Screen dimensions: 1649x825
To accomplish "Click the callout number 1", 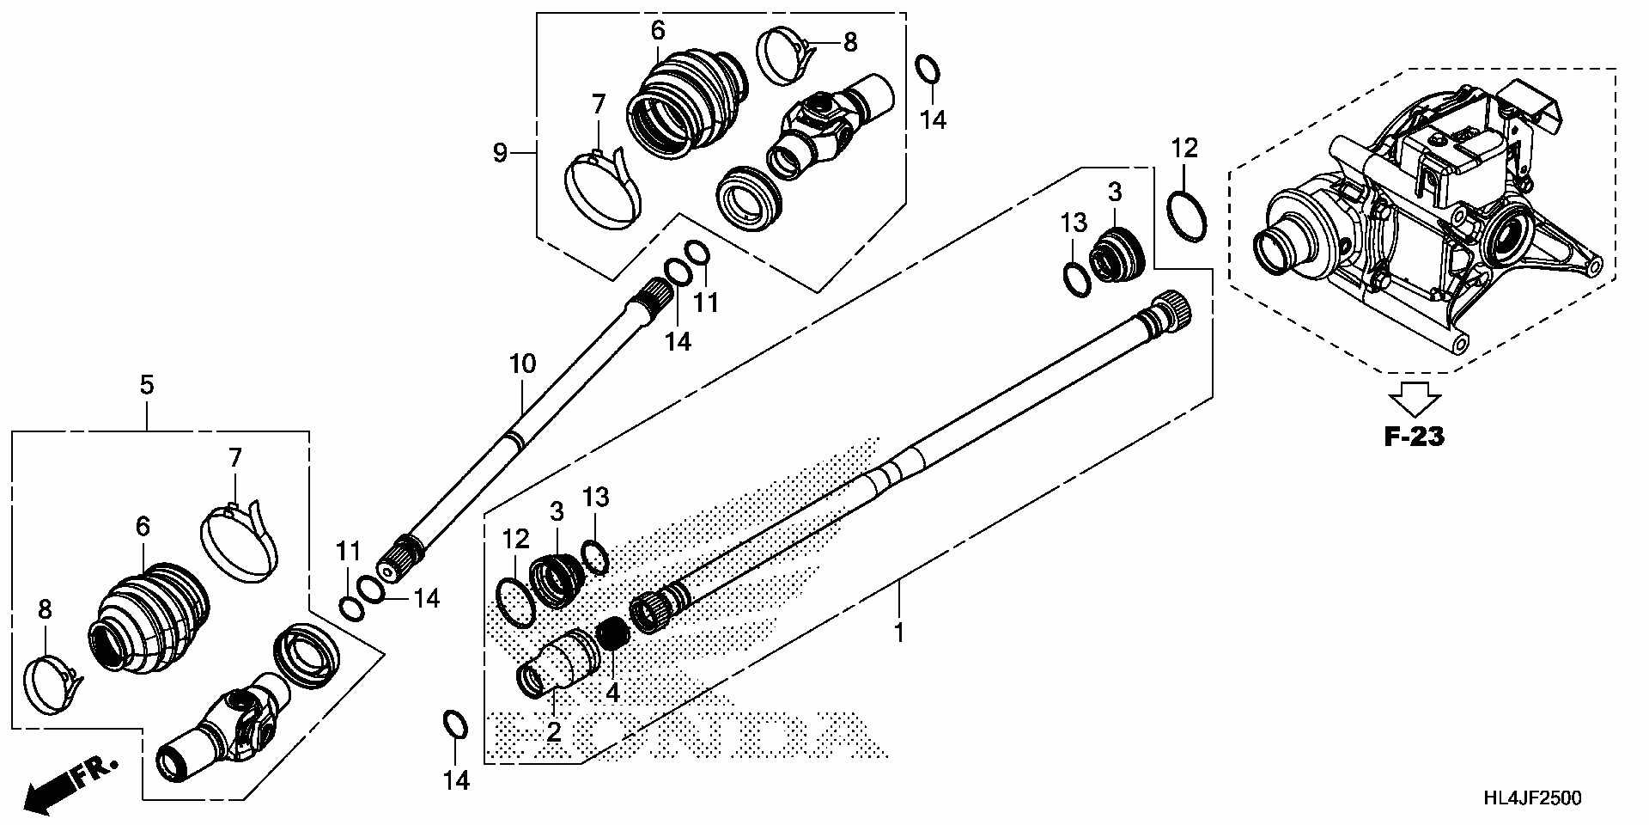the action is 898,634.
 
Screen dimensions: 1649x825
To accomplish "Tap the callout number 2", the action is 554,732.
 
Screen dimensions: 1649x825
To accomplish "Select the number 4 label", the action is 612,693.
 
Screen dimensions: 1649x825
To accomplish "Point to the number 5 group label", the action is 147,386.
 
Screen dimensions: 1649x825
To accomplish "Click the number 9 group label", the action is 500,154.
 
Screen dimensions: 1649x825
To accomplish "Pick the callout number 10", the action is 522,364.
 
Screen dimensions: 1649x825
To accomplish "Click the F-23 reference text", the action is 1415,437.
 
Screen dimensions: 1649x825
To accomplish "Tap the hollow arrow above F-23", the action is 1414,398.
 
